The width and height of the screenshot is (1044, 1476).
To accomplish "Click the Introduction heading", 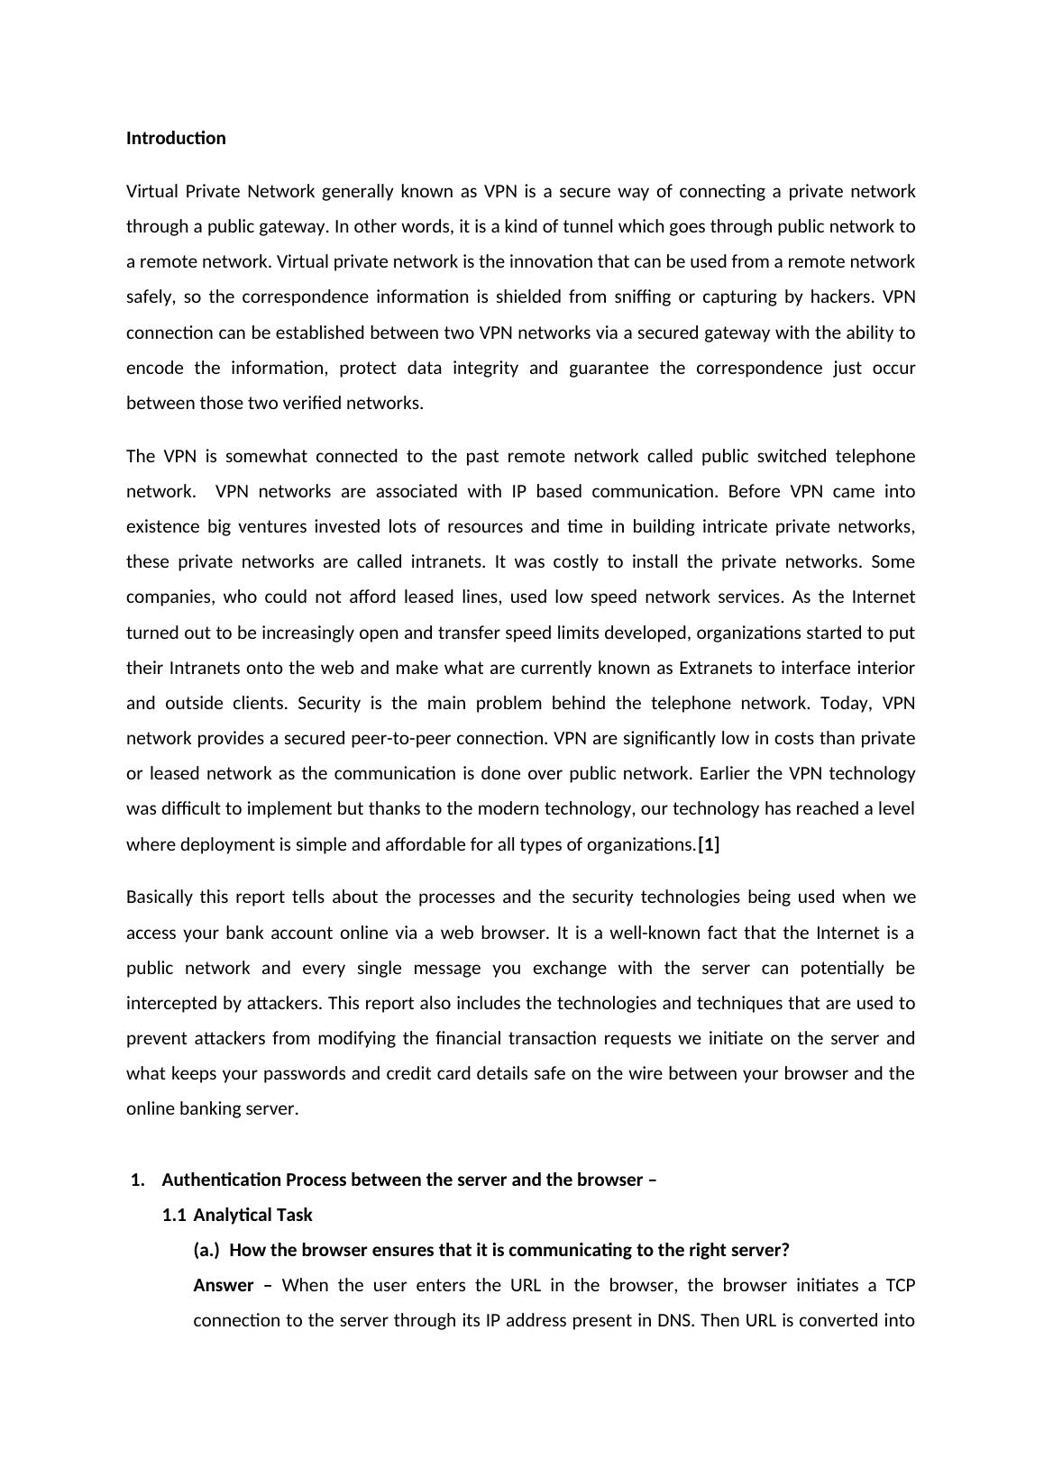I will click(176, 138).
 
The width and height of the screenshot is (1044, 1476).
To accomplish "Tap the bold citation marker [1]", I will click(710, 844).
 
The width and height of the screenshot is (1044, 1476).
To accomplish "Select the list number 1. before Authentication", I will click(137, 1180).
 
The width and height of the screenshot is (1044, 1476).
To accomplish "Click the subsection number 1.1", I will click(174, 1215).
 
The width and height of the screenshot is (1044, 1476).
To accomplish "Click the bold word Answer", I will click(223, 1286).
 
